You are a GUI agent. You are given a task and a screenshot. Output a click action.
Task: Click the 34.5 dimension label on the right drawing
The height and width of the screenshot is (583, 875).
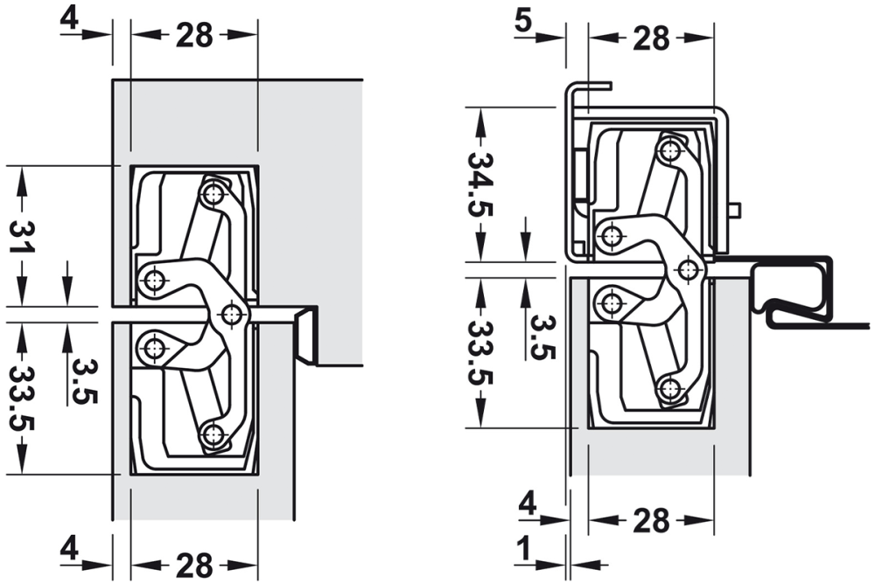point(479,184)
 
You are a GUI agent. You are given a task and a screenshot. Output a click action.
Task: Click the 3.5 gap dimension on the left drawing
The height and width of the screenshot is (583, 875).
point(85,382)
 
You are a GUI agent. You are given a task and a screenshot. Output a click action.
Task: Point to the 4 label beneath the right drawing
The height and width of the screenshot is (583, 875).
point(526,504)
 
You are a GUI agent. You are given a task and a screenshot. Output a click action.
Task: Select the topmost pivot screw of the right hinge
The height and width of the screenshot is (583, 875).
point(670,149)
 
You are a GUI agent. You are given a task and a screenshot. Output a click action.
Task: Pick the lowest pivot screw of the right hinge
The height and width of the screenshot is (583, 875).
point(670,389)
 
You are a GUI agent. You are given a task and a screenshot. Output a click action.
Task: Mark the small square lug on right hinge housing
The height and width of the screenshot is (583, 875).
point(735,210)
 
